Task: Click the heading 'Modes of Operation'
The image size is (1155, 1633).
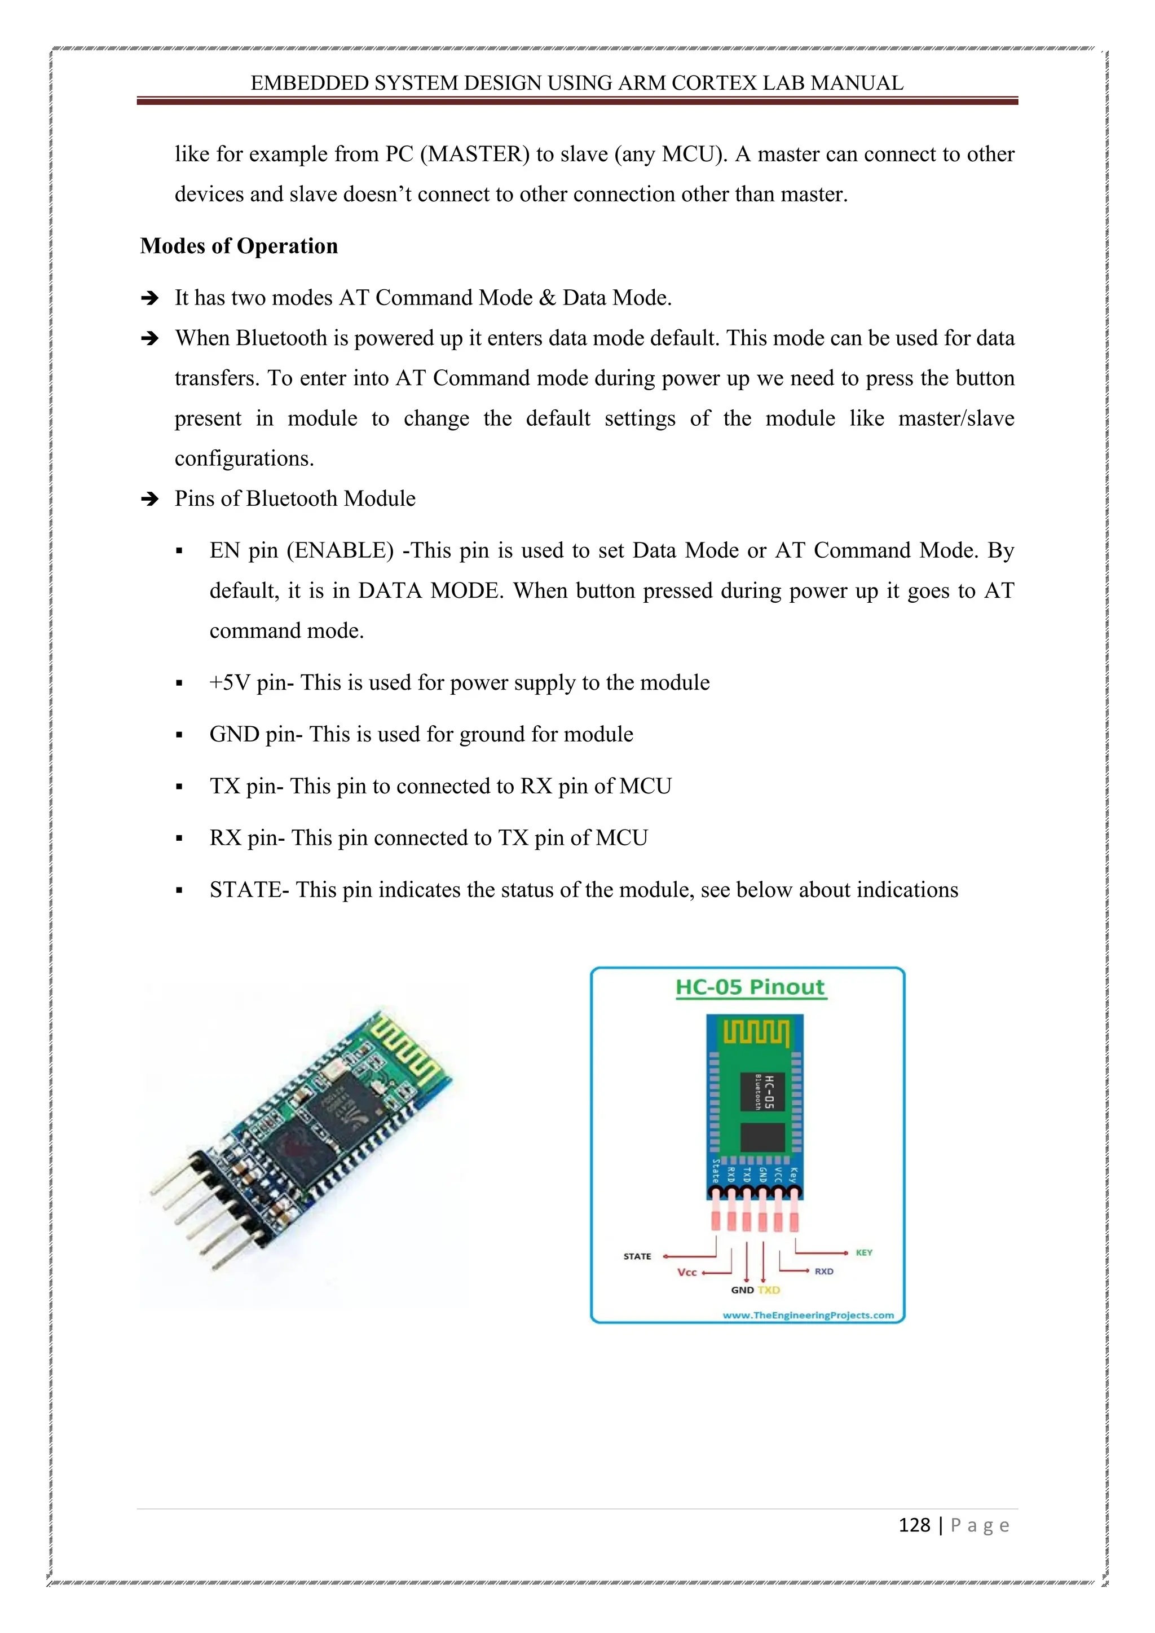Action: click(239, 246)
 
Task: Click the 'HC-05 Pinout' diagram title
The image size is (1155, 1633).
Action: click(750, 987)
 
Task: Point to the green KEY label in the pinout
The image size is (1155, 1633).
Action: click(864, 1252)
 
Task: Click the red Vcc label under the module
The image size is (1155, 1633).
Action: click(687, 1273)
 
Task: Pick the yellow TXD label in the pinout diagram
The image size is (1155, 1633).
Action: click(769, 1290)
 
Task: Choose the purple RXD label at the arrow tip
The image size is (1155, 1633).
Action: click(825, 1272)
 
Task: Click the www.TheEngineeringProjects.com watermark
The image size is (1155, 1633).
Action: click(808, 1315)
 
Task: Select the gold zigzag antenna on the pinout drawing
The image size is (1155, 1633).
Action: click(756, 1032)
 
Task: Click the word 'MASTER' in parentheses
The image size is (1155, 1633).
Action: click(474, 155)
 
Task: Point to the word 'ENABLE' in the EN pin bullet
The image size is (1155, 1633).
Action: click(340, 550)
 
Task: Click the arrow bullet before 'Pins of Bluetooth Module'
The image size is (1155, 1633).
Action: click(149, 499)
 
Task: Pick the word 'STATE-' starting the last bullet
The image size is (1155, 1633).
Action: click(249, 890)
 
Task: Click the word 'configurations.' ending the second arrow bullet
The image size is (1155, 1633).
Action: click(244, 459)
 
